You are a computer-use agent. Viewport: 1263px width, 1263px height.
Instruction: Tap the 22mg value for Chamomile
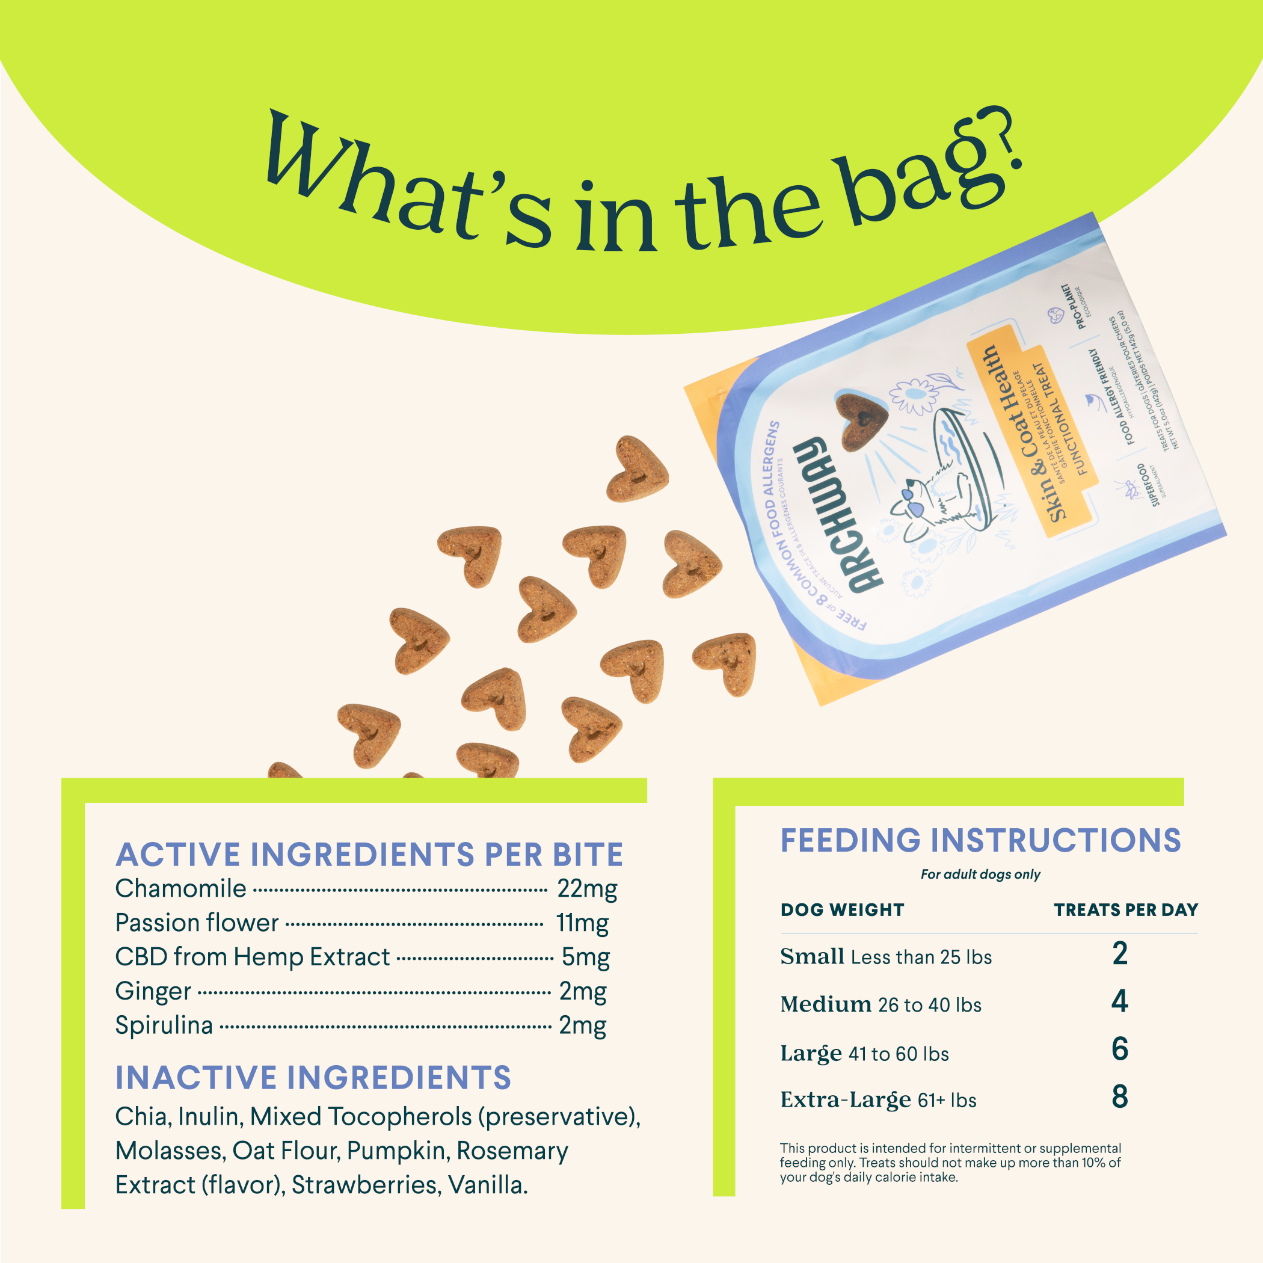586,889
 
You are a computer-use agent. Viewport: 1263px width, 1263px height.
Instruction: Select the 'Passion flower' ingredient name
197,923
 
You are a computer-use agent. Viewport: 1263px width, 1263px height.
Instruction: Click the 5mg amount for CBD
585,957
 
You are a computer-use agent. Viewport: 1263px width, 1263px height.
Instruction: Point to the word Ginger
153,992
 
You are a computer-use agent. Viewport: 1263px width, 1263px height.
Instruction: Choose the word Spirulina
164,1025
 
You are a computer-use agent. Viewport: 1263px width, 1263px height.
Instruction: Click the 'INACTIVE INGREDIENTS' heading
313,1078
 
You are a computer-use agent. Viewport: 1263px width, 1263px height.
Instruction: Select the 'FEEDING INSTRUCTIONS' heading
980,841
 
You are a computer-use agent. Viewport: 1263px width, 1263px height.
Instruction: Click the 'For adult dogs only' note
980,874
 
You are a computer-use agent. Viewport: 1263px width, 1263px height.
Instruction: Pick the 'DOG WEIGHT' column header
842,910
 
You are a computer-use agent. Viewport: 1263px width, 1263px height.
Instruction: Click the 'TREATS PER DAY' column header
1126,910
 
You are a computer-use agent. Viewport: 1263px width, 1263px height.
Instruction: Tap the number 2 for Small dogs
1120,954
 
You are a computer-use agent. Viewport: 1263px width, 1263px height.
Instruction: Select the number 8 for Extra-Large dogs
1120,1097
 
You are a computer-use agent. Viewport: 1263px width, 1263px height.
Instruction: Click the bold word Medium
826,1004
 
